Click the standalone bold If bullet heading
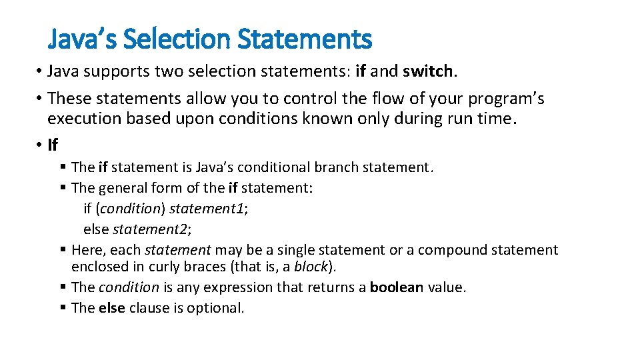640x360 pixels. pyautogui.click(x=53, y=145)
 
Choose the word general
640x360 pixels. pyautogui.click(x=125, y=188)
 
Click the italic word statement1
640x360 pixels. pyautogui.click(x=208, y=209)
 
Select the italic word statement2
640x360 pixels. pyautogui.click(x=151, y=229)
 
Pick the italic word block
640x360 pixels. pyautogui.click(x=311, y=267)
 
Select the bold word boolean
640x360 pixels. pyautogui.click(x=397, y=287)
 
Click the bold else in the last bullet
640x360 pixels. pyautogui.click(x=111, y=308)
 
